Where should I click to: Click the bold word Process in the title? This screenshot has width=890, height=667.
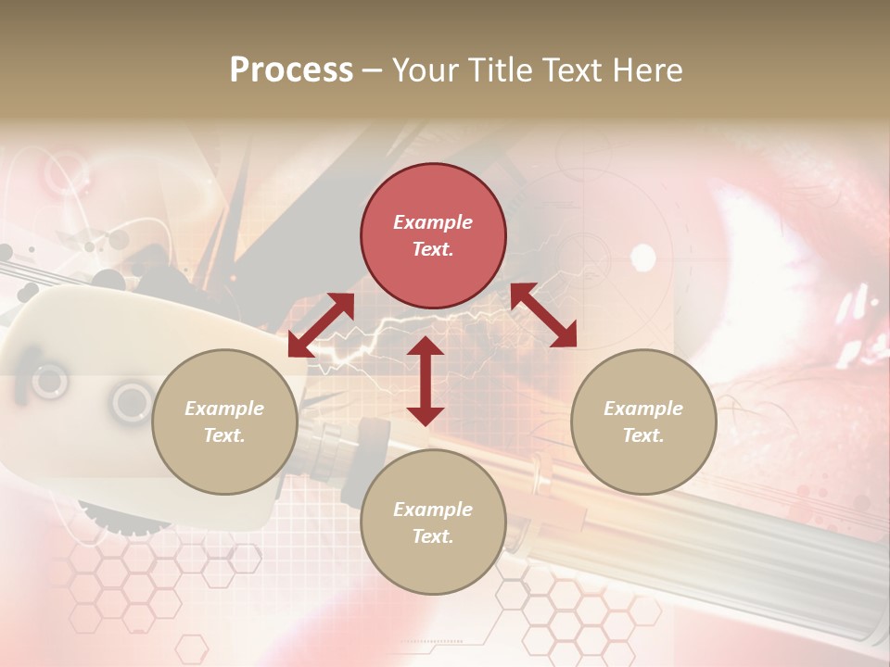[x=291, y=70]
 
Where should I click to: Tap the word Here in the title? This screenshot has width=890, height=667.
[x=647, y=70]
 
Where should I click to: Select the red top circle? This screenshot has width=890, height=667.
[x=433, y=236]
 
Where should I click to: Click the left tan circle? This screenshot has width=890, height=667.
[x=224, y=422]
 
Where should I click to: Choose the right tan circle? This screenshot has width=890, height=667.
[x=643, y=422]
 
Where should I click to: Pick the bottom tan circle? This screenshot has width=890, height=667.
[x=433, y=522]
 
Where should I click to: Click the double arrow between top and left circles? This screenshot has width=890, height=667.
[x=321, y=325]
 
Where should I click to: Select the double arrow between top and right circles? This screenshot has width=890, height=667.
[x=543, y=315]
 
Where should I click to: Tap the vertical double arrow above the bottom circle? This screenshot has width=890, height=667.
[x=426, y=381]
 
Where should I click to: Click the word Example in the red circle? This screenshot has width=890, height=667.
[x=433, y=222]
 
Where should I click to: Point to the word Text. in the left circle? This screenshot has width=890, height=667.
[x=224, y=435]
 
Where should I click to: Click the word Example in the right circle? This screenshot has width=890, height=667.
[x=643, y=409]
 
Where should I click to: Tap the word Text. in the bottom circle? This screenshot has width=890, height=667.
[x=433, y=536]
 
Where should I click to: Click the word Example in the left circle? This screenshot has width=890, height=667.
[x=224, y=409]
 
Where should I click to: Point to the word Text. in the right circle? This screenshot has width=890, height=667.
[x=643, y=435]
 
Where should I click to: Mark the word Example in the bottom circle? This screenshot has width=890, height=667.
[x=433, y=510]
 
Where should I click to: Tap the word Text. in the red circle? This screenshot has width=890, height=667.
[x=433, y=249]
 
